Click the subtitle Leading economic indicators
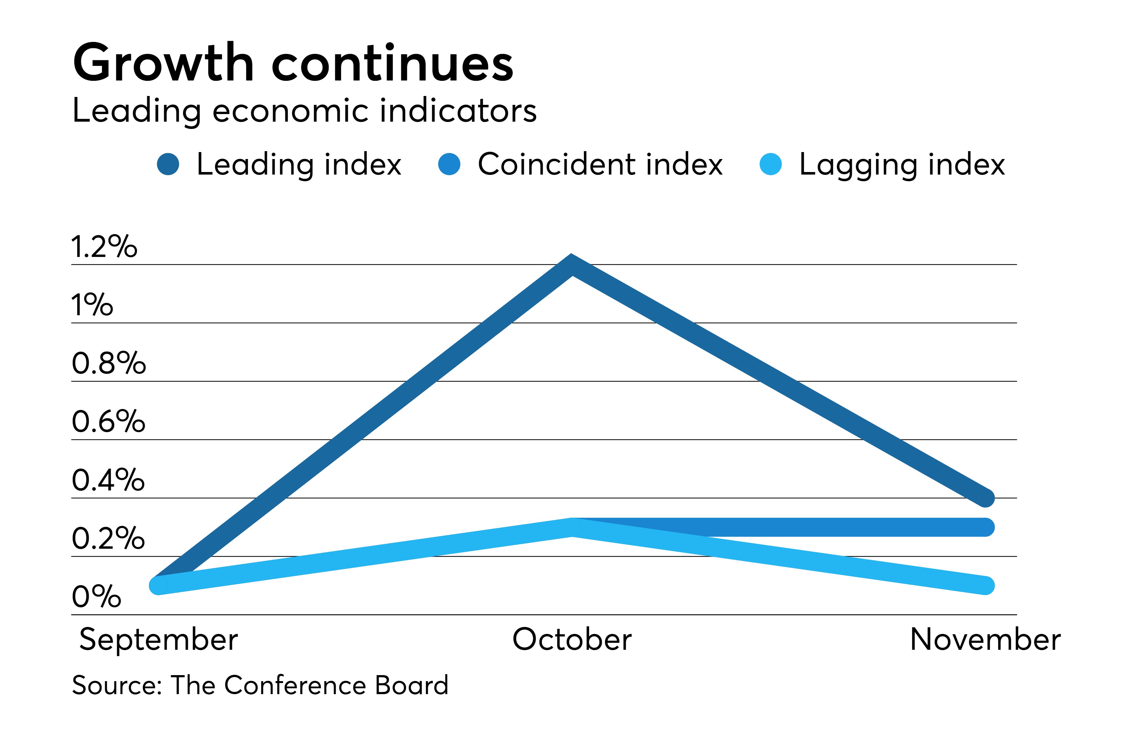click(x=304, y=111)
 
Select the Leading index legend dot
click(x=168, y=164)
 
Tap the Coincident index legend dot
click(x=449, y=164)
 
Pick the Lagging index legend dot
click(x=770, y=164)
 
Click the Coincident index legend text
click(x=600, y=164)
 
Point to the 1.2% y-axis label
click(x=104, y=247)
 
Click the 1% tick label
click(x=92, y=305)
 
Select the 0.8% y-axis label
click(x=109, y=363)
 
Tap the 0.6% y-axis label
click(x=108, y=421)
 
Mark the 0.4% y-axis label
click(x=108, y=480)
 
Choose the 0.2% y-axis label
click(x=108, y=538)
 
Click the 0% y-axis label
click(x=96, y=597)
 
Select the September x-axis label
click(x=158, y=640)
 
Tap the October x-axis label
click(x=572, y=640)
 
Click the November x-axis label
click(x=985, y=640)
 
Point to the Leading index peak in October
click(x=572, y=265)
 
